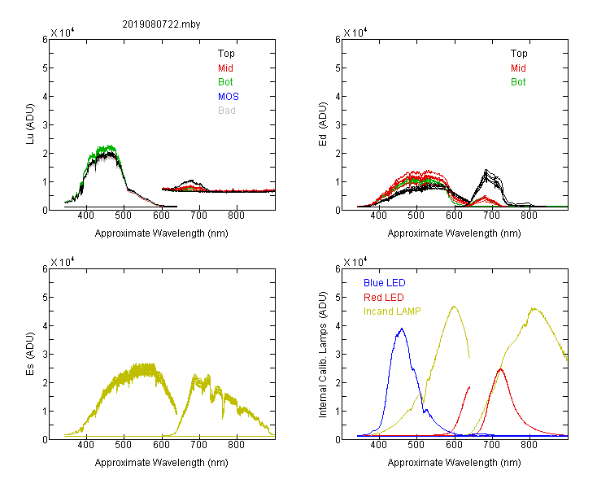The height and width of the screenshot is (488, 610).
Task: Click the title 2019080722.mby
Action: click(x=161, y=24)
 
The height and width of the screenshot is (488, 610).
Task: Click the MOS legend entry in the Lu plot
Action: click(x=229, y=96)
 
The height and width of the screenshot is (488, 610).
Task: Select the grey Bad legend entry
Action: click(x=227, y=110)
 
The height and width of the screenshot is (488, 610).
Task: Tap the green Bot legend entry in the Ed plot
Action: click(x=518, y=81)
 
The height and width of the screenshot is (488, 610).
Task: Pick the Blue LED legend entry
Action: click(x=385, y=282)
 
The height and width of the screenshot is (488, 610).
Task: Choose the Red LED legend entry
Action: click(x=384, y=297)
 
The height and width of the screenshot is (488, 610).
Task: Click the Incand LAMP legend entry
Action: click(x=392, y=311)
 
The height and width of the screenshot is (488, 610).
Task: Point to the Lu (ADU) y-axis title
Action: click(x=30, y=124)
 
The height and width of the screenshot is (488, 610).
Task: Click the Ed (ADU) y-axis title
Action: click(x=323, y=124)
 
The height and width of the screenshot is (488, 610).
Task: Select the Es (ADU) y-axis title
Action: click(x=30, y=353)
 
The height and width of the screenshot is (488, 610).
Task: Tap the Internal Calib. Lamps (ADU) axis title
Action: click(x=323, y=354)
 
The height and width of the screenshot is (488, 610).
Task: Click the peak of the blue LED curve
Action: click(x=402, y=329)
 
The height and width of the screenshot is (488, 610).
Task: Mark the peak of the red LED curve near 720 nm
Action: click(x=501, y=369)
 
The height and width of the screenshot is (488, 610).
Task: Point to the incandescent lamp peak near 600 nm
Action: click(x=454, y=307)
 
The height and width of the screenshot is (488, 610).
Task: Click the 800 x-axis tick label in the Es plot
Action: click(x=236, y=444)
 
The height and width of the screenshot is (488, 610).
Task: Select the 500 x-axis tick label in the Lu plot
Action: click(x=124, y=216)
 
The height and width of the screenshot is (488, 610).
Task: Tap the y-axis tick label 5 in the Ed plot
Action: click(x=338, y=68)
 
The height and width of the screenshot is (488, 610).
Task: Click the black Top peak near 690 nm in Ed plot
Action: click(x=486, y=170)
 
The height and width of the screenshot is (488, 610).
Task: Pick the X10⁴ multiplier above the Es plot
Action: click(x=63, y=262)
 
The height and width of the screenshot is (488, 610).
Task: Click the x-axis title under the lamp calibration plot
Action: click(x=454, y=462)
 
